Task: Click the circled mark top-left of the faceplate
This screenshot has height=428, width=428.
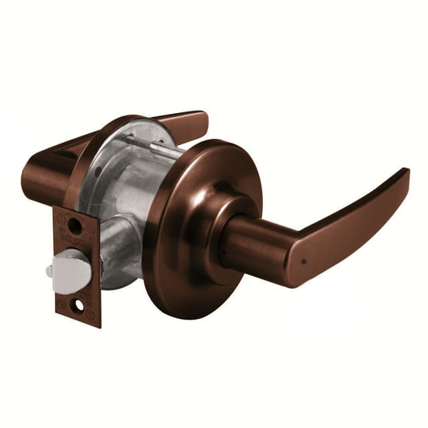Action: click(x=61, y=216)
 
